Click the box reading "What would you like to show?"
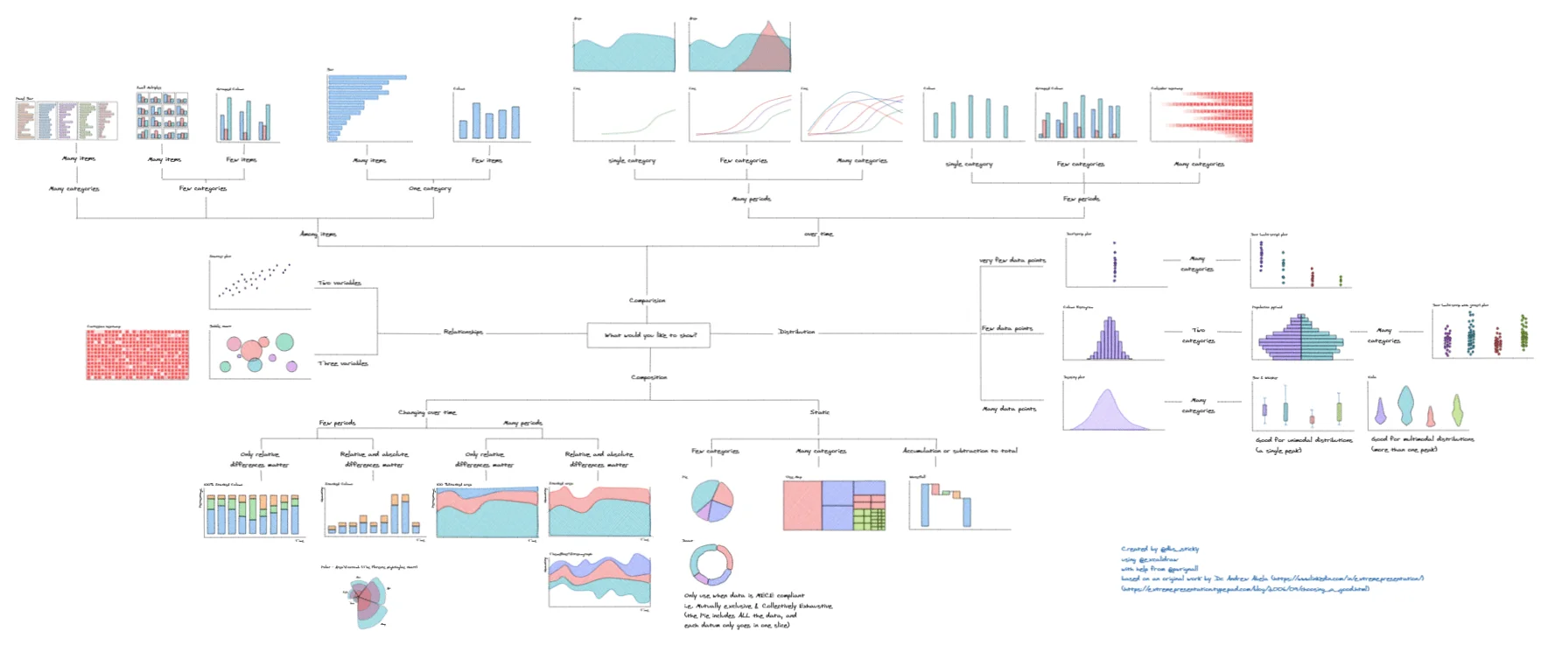click(648, 335)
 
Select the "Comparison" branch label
click(647, 300)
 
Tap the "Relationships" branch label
click(463, 332)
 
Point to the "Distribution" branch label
click(796, 332)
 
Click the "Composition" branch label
click(649, 377)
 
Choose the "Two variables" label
click(340, 283)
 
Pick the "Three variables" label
click(343, 363)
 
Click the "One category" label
click(430, 188)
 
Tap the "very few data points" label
click(1012, 261)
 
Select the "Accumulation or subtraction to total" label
click(960, 451)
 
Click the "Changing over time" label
click(427, 412)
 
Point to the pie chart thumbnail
click(711, 501)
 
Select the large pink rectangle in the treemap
click(802, 505)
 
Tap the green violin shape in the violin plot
click(1457, 410)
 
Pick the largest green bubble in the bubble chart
click(284, 341)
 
